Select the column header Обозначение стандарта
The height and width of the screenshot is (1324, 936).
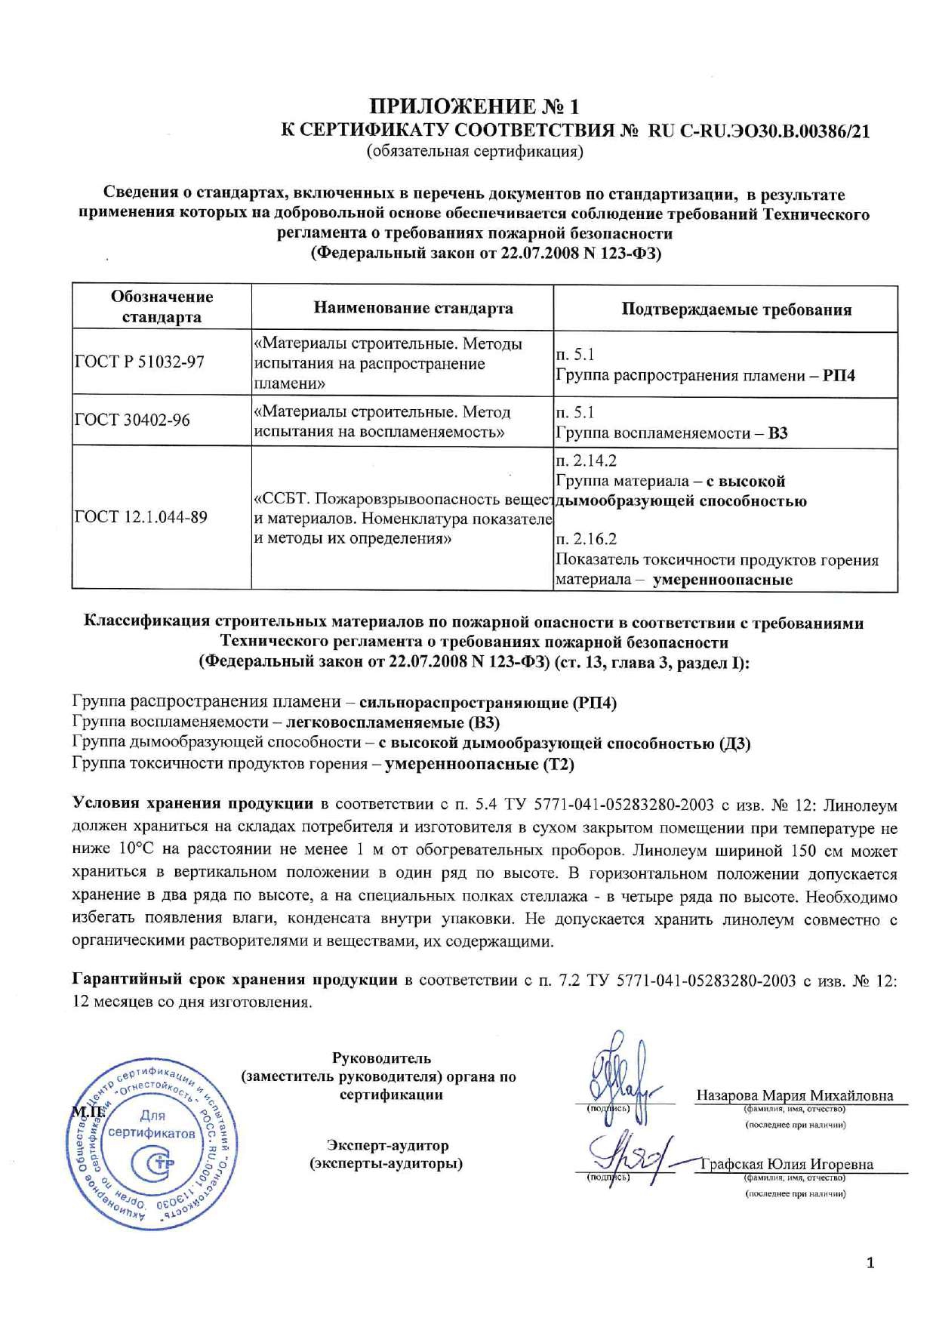[x=162, y=306]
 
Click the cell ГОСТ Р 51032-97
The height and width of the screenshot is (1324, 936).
[x=140, y=362]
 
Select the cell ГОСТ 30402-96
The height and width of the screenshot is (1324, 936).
[x=133, y=420]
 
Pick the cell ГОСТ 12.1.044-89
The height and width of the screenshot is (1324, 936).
[x=141, y=518]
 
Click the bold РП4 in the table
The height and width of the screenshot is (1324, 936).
[x=839, y=376]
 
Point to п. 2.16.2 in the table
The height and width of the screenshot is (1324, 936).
[x=586, y=539]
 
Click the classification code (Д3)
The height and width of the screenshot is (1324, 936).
[x=734, y=744]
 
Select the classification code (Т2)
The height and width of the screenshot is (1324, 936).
[x=558, y=764]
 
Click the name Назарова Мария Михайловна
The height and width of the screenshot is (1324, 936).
[x=795, y=1095]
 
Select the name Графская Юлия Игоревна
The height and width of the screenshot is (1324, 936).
[x=787, y=1164]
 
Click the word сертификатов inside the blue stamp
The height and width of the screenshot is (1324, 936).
[x=152, y=1133]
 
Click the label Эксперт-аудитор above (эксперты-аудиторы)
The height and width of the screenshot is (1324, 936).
[x=387, y=1146]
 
